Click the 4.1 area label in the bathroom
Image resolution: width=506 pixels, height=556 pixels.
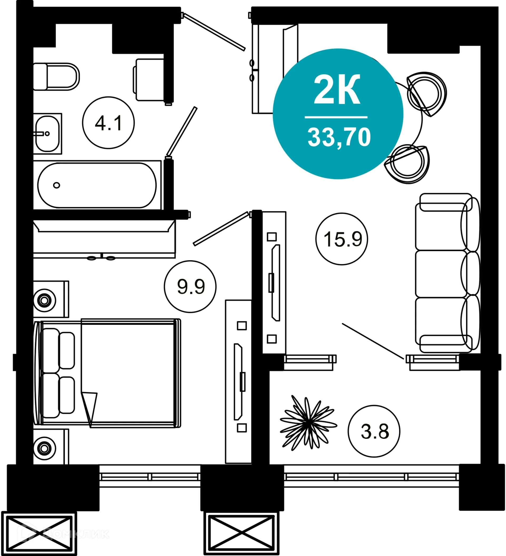[x=108, y=123]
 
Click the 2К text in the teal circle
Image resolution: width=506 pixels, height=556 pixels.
[x=337, y=90]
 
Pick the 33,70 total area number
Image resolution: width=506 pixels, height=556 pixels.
[x=339, y=137]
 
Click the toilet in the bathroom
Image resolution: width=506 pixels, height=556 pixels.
[x=56, y=77]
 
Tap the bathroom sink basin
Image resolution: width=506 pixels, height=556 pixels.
[x=47, y=134]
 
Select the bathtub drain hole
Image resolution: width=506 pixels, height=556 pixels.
[x=56, y=185]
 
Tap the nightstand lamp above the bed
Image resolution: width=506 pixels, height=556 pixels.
[x=44, y=300]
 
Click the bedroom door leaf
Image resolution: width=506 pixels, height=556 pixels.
[x=221, y=229]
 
